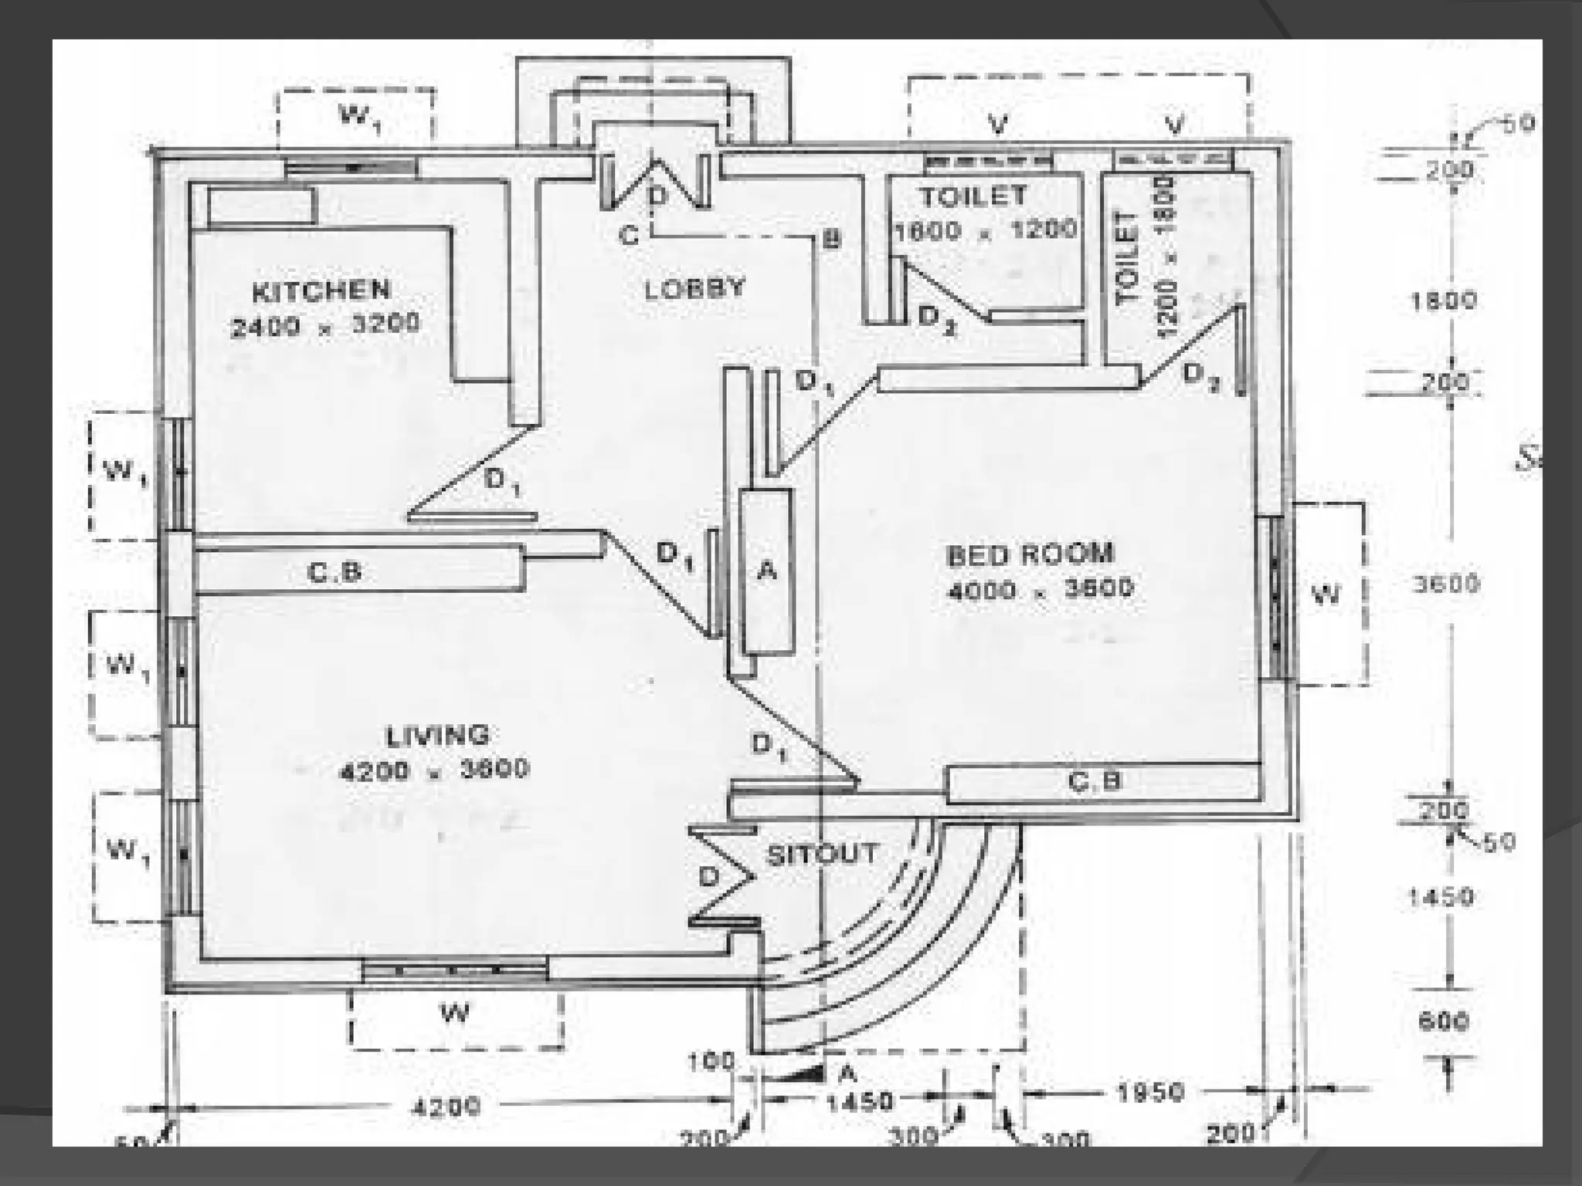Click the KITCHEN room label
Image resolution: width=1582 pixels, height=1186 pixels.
(321, 291)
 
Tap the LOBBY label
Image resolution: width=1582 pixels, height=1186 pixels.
(694, 289)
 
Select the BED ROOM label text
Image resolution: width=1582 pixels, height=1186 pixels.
(1030, 554)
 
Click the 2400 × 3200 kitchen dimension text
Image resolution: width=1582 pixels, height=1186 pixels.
(325, 324)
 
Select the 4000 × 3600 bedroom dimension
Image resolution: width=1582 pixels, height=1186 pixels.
(1040, 590)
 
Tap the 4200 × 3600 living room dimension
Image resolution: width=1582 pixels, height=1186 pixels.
(435, 770)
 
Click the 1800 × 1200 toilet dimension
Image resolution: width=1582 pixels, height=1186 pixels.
(985, 230)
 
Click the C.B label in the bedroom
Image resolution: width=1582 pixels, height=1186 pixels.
(1094, 782)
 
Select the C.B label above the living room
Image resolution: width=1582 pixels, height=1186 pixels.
(334, 572)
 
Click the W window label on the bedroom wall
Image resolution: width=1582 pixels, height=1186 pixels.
(1326, 594)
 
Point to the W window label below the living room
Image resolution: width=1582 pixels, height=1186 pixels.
(454, 1011)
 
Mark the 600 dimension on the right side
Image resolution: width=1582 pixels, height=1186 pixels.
(1442, 1021)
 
